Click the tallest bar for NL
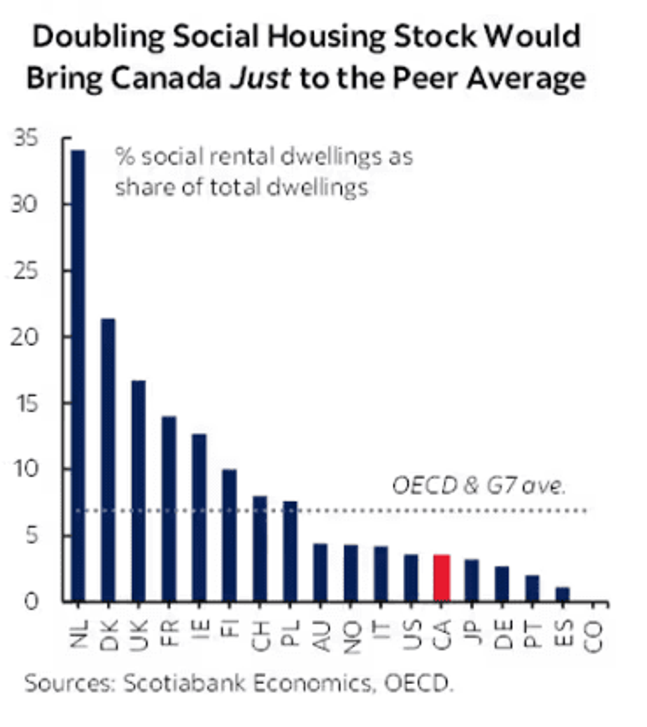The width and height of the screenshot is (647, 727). (78, 376)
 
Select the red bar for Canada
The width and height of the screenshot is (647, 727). (441, 579)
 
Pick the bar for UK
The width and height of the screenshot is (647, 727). (138, 491)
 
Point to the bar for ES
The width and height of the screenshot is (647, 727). (562, 594)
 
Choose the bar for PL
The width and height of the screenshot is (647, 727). (290, 552)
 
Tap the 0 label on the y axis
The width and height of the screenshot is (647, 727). (32, 602)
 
